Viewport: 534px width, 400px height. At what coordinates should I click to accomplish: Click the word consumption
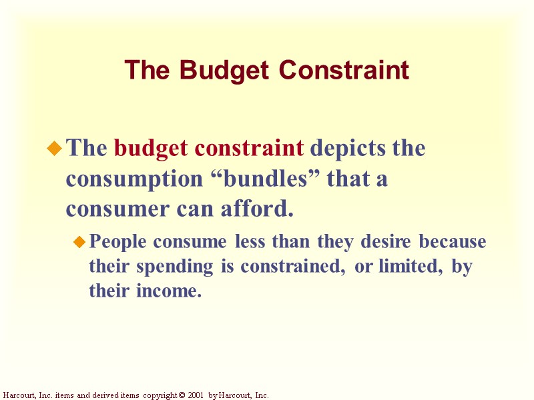click(126, 179)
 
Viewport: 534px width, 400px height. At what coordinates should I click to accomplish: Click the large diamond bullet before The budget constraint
click(54, 149)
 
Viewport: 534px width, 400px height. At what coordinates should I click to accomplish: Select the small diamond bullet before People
click(79, 241)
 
